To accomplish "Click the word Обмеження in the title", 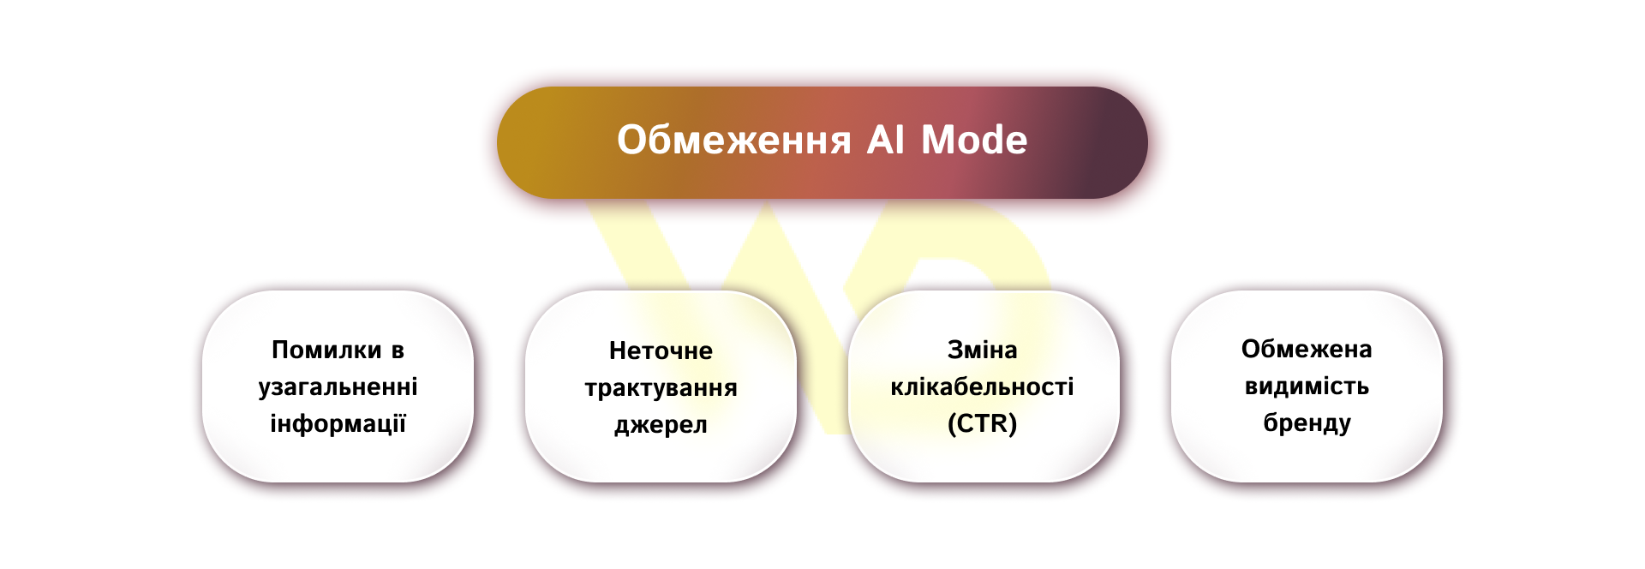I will click(733, 141).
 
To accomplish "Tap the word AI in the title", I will click(886, 141).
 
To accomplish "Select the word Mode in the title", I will click(974, 141).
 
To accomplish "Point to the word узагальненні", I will click(338, 386).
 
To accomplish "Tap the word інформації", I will click(338, 423).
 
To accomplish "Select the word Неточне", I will click(661, 350).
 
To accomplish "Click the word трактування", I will click(661, 388).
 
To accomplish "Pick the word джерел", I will click(661, 425).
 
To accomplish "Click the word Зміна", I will click(982, 350).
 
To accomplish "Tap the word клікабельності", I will click(982, 386).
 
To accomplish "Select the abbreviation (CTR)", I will click(982, 423).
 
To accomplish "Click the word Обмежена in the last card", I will click(1307, 349).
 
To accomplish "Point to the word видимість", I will click(1307, 386).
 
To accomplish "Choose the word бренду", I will click(1307, 422).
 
